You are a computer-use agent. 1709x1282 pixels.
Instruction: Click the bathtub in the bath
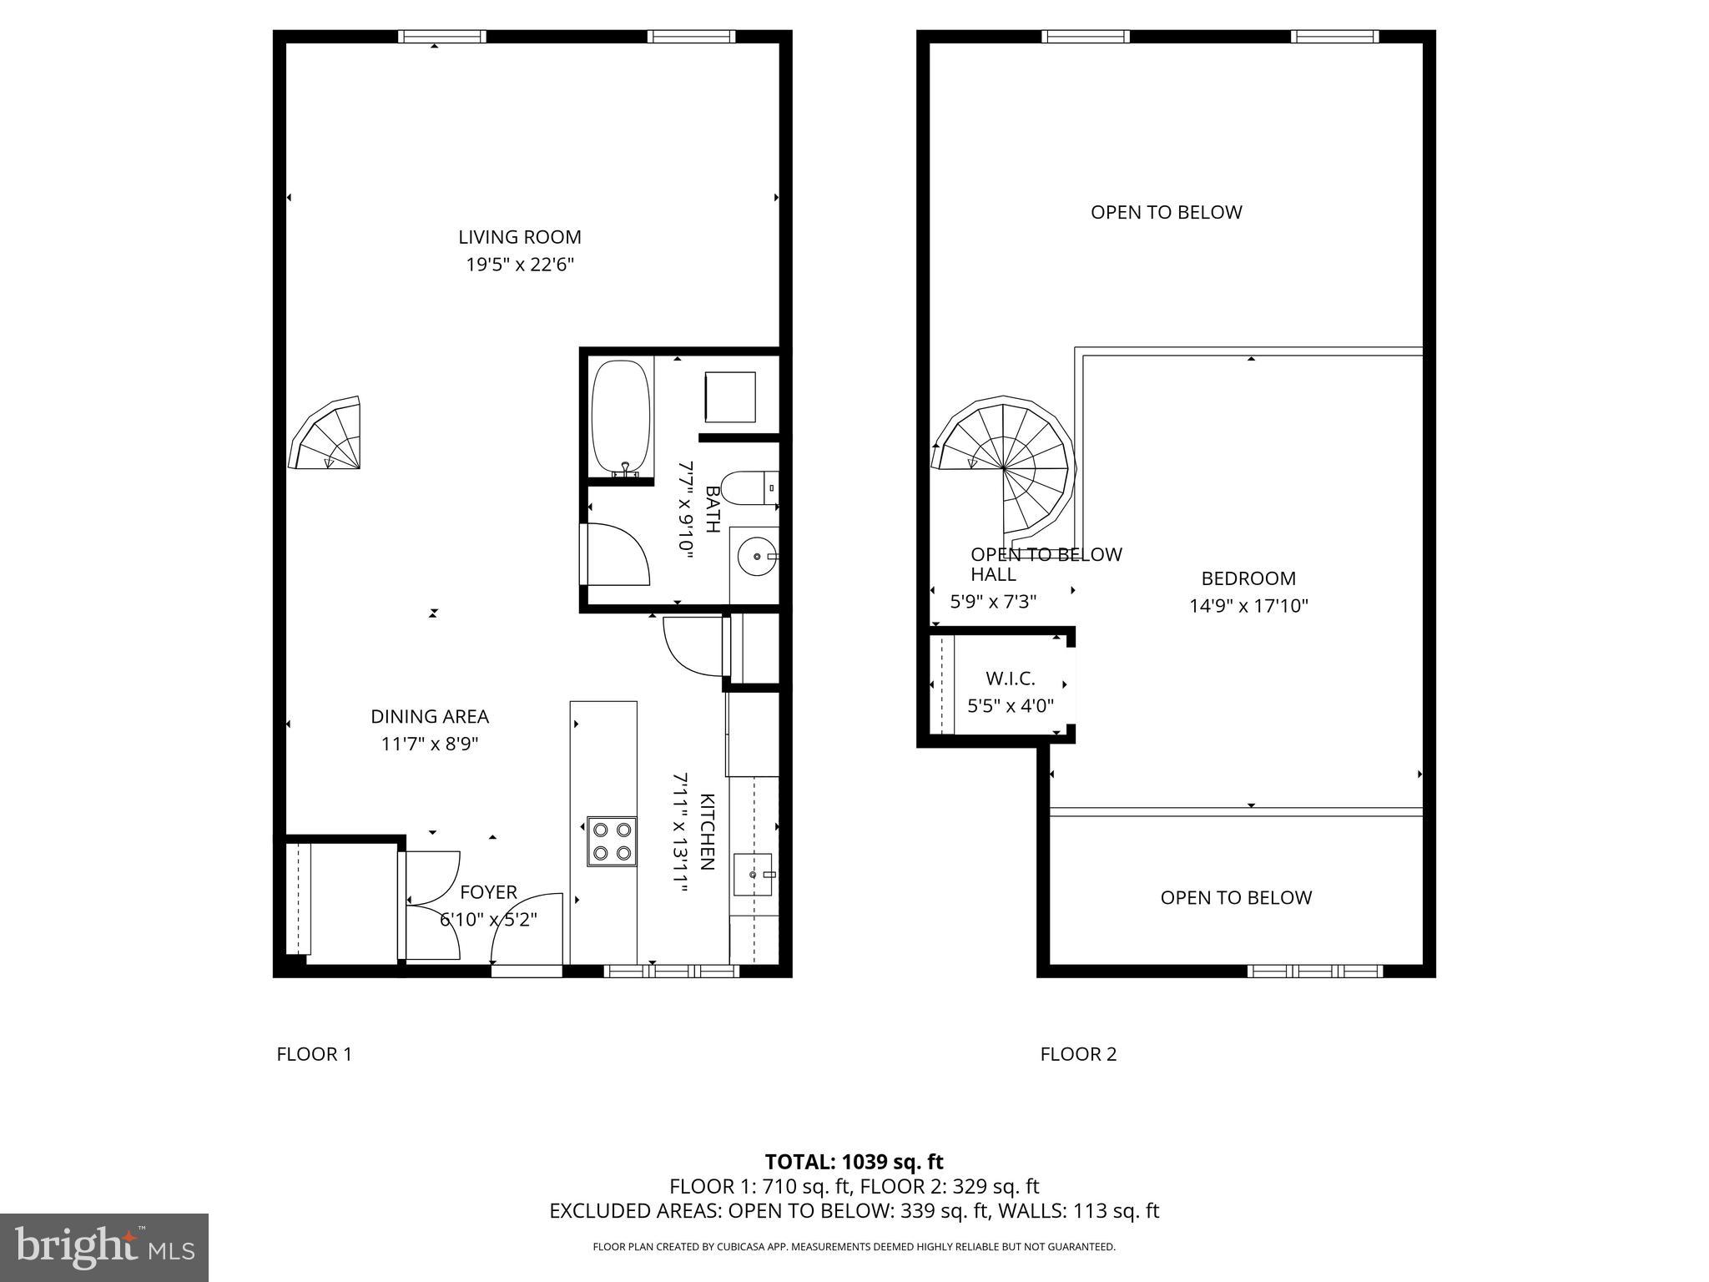pyautogui.click(x=620, y=417)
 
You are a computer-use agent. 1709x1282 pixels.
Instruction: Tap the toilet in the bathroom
pyautogui.click(x=749, y=488)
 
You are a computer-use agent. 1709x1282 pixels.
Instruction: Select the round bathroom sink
pyautogui.click(x=757, y=555)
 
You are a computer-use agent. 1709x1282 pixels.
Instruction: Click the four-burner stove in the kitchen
pyautogui.click(x=612, y=841)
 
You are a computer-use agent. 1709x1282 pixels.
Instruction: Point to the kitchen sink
pyautogui.click(x=753, y=874)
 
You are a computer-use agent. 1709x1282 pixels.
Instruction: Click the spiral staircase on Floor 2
pyautogui.click(x=1003, y=468)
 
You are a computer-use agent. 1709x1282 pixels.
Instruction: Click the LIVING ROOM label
pyautogui.click(x=519, y=237)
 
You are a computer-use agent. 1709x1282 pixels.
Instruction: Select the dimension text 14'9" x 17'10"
pyautogui.click(x=1248, y=606)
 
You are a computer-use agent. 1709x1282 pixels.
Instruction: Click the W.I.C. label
pyautogui.click(x=1010, y=679)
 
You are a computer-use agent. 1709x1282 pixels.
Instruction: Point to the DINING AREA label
pyautogui.click(x=430, y=716)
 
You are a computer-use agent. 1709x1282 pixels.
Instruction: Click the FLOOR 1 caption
pyautogui.click(x=314, y=1054)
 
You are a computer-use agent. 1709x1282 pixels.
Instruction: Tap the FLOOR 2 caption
pyautogui.click(x=1077, y=1054)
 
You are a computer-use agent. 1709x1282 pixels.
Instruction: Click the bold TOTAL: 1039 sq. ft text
pyautogui.click(x=854, y=1162)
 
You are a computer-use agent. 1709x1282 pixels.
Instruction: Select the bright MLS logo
pyautogui.click(x=104, y=1247)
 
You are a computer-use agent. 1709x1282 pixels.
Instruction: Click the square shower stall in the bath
pyautogui.click(x=730, y=397)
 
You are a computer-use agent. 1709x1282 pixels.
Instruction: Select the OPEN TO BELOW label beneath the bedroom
pyautogui.click(x=1236, y=897)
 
